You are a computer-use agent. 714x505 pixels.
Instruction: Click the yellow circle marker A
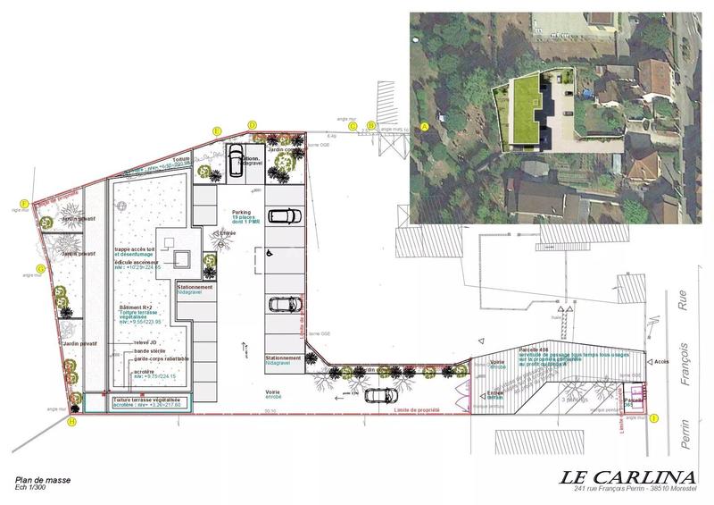425,127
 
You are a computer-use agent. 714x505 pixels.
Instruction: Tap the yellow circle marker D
252,125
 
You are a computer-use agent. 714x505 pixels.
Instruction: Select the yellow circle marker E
217,130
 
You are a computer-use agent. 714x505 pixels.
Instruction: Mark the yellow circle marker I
653,417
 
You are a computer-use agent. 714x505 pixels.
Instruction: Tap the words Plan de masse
43,480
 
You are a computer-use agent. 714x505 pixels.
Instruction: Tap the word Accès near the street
661,362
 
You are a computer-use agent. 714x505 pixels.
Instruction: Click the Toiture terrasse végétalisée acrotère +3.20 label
148,402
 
